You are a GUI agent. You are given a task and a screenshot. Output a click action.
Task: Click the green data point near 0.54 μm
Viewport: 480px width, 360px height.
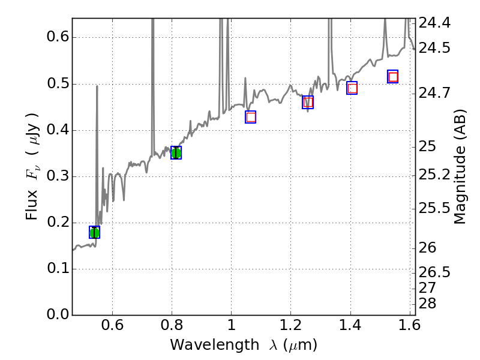click(x=94, y=232)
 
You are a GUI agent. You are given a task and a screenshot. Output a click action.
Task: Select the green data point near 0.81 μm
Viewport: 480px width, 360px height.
click(x=176, y=152)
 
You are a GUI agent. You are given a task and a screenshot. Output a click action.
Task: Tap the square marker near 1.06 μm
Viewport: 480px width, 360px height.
click(x=251, y=117)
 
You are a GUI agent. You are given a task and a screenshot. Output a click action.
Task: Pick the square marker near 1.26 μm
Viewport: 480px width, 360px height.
click(x=308, y=103)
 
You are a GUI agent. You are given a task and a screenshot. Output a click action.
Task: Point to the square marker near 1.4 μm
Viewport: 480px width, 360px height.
click(x=352, y=88)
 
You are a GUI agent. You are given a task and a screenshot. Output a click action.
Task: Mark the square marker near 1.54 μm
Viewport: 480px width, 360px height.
click(x=393, y=77)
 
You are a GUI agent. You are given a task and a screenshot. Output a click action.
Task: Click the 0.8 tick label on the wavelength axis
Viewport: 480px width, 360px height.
click(x=172, y=326)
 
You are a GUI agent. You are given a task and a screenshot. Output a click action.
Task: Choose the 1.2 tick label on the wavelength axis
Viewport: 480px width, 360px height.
click(x=290, y=326)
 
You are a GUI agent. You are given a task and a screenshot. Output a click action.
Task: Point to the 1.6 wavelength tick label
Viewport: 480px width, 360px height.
click(x=409, y=326)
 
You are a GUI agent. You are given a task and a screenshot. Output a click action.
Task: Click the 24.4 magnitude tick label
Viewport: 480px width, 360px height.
click(x=434, y=23)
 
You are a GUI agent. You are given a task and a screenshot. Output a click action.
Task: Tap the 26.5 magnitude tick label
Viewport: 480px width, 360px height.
click(x=434, y=272)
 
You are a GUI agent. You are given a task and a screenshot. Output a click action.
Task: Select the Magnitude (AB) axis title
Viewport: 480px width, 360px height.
click(x=460, y=166)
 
